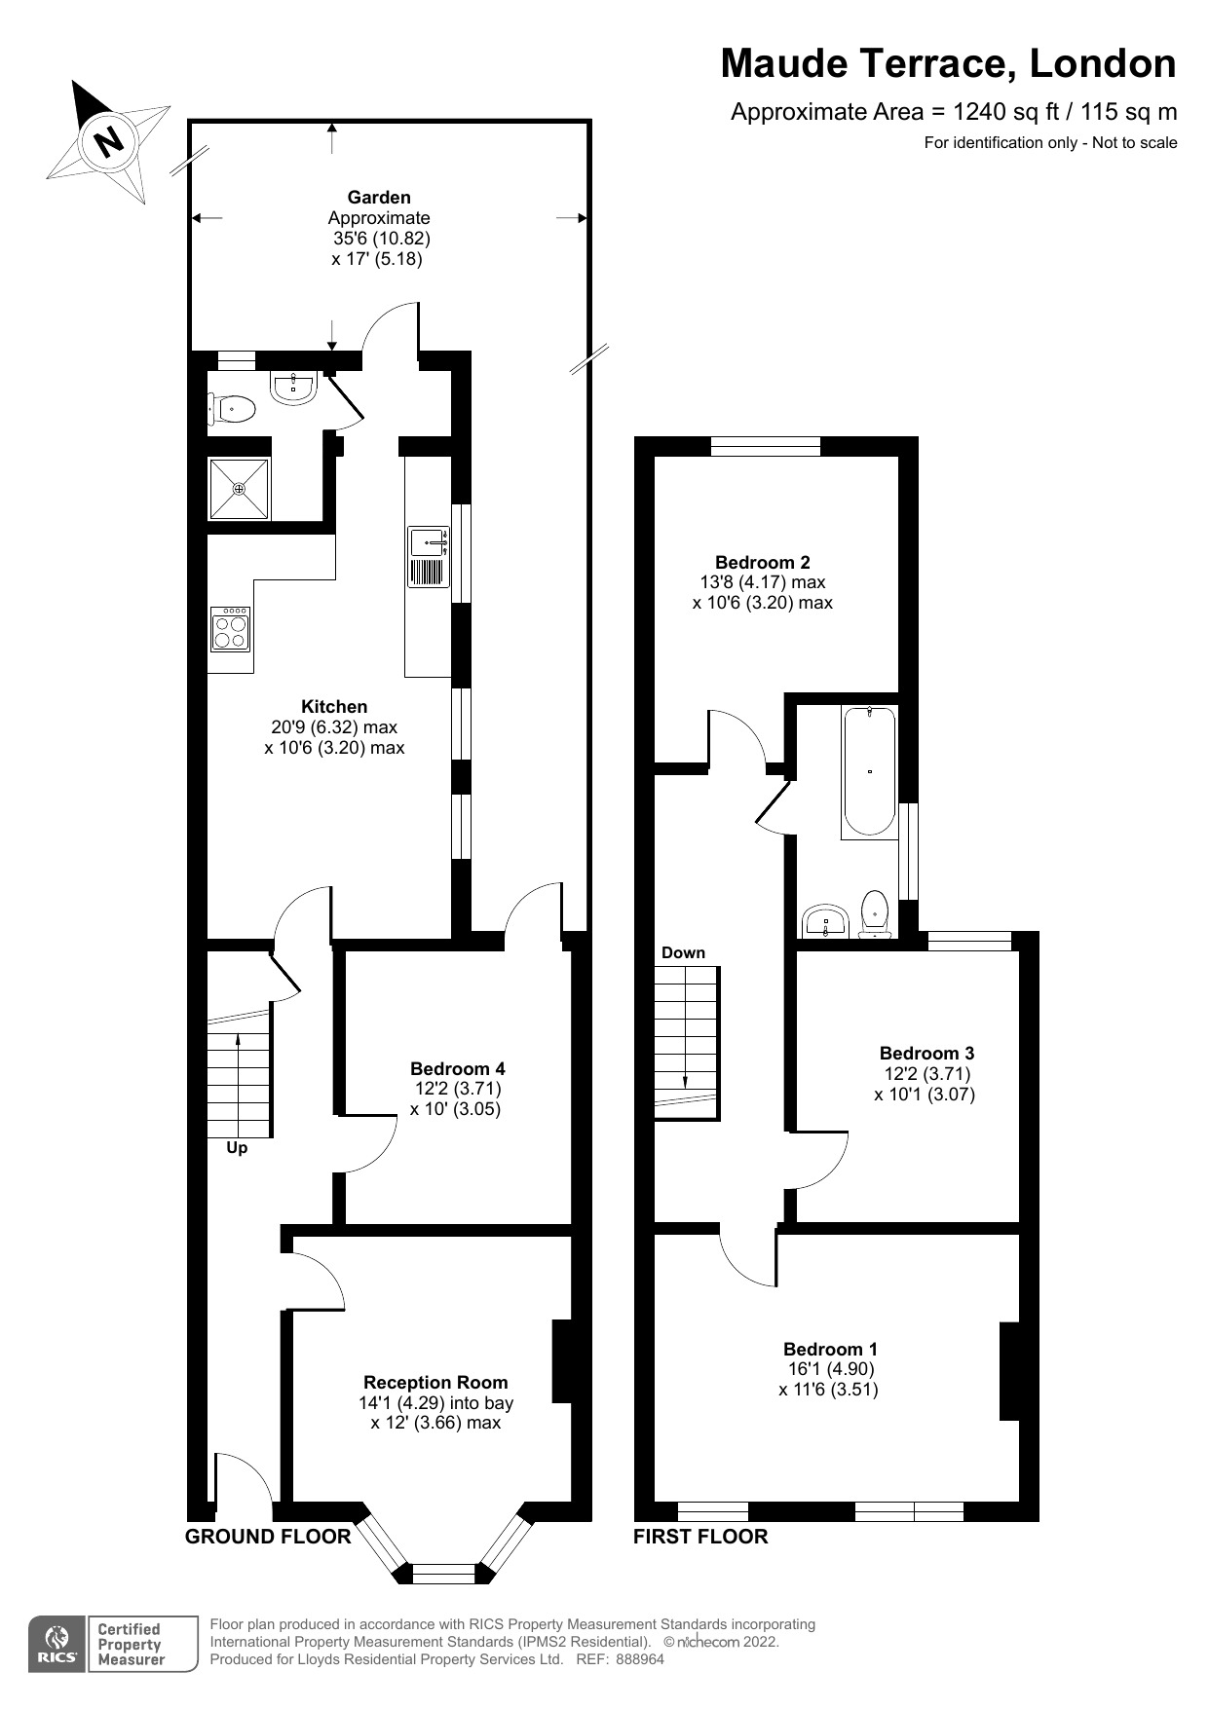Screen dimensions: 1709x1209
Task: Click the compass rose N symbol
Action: point(109,142)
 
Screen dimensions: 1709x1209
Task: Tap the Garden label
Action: point(379,198)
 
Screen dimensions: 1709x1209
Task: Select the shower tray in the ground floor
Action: point(239,489)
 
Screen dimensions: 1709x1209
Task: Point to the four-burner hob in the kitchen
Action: point(231,629)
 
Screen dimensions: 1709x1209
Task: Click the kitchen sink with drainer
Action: point(429,558)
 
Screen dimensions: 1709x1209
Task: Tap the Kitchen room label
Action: point(334,707)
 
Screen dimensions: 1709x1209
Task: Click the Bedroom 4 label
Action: point(457,1068)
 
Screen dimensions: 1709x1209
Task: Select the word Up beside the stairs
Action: point(237,1148)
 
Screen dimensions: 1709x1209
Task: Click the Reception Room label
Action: point(435,1382)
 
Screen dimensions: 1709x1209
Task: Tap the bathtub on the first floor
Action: point(869,772)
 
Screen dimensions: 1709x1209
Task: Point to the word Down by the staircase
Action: point(683,952)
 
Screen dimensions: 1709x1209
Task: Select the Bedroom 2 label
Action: point(762,562)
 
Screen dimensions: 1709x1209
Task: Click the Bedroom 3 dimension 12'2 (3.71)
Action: point(926,1073)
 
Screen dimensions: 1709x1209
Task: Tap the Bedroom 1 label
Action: point(830,1349)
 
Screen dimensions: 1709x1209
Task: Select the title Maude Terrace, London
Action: point(948,64)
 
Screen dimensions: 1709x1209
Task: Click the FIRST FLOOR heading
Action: point(699,1537)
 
